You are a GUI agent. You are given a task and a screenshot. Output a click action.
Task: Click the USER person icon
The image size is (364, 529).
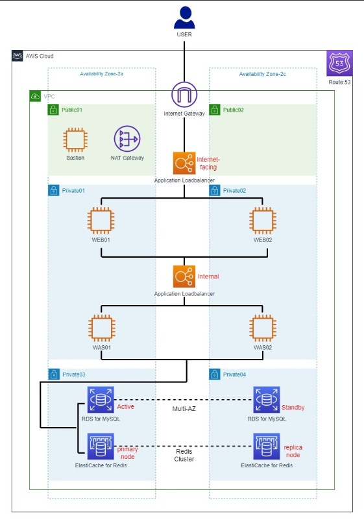184,18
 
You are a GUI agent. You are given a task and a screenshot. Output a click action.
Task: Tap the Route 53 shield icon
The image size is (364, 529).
339,64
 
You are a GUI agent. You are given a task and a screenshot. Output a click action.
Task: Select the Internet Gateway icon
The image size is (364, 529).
184,95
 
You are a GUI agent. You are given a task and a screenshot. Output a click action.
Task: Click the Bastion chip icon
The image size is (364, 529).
75,140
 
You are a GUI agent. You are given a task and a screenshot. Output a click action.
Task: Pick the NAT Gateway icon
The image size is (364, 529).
127,139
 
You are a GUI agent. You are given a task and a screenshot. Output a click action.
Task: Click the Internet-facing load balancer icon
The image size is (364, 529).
184,164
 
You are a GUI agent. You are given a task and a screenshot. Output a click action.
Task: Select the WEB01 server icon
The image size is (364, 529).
101,221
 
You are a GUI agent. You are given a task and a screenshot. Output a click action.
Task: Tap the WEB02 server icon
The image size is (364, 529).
263,221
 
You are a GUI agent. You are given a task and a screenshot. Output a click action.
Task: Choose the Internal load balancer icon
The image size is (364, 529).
184,277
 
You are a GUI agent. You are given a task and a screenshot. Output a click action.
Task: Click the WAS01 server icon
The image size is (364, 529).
101,328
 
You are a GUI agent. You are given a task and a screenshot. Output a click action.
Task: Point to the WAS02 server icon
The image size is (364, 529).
263,328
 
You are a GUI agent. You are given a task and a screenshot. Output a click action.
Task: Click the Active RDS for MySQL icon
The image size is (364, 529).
101,400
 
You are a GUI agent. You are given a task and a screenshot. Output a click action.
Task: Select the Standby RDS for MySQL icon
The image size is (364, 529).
267,400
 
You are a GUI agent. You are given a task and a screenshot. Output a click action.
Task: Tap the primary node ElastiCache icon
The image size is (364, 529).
101,447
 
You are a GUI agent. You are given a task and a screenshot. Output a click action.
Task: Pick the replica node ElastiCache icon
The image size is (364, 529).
267,447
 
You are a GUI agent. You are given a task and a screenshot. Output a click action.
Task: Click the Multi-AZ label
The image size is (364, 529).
184,409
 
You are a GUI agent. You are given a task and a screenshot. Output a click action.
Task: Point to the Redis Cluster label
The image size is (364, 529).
184,455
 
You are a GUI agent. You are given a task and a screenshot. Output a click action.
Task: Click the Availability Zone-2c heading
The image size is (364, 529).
263,74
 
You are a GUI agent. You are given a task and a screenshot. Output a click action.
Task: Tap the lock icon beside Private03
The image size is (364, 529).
54,374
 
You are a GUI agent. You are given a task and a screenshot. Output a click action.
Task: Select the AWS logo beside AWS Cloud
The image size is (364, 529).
18,56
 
